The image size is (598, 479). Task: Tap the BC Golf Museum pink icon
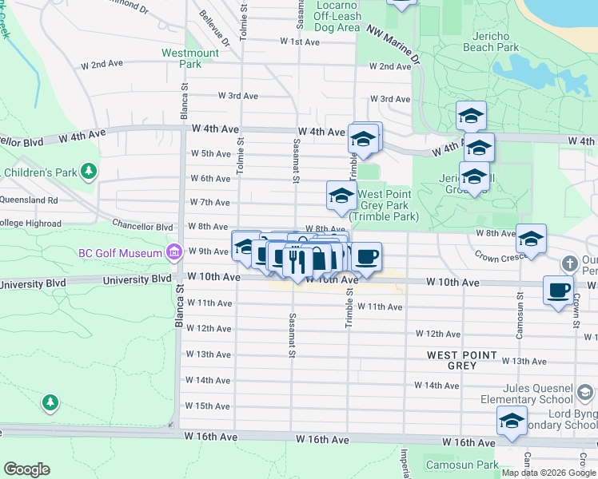click(173, 253)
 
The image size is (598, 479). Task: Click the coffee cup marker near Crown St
click(559, 290)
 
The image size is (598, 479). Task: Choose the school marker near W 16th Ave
click(512, 422)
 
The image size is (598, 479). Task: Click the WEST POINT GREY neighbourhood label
click(462, 360)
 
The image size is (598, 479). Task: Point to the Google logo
click(26, 469)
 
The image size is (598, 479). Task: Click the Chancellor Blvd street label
click(142, 227)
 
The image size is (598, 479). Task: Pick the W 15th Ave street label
click(207, 406)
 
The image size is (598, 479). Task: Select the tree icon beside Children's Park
click(89, 171)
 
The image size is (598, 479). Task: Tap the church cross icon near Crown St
click(569, 263)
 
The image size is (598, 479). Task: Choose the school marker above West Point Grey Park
click(341, 196)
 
